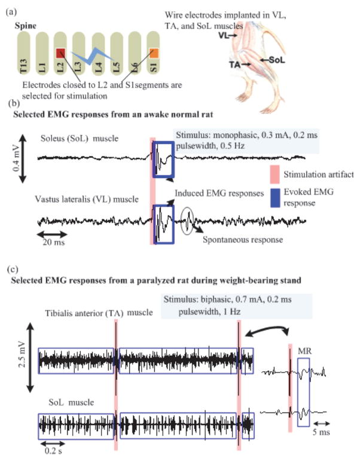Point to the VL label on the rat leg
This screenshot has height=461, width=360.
pos(223,36)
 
